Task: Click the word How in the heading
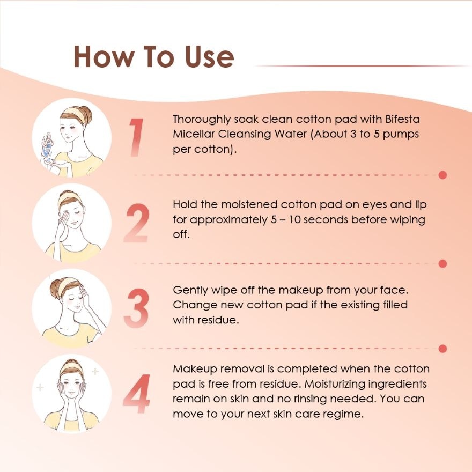(x=102, y=57)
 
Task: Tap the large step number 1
(x=137, y=137)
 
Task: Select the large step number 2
(x=137, y=223)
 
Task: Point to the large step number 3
(x=137, y=308)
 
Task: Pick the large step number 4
(x=137, y=394)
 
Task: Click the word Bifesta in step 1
(x=402, y=119)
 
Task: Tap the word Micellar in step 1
(x=194, y=134)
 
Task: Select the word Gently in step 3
(x=190, y=291)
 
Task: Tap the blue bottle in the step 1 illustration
(x=46, y=146)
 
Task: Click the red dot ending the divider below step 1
(x=442, y=175)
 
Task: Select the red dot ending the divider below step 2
(x=442, y=264)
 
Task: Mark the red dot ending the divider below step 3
(x=442, y=349)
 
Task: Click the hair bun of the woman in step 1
(x=85, y=113)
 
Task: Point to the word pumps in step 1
(x=401, y=135)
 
